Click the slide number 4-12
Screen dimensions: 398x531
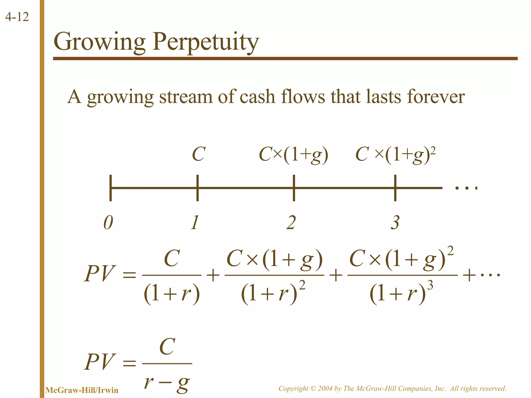click(x=17, y=17)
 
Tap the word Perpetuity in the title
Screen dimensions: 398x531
click(x=206, y=42)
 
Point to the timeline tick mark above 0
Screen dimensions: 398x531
click(x=111, y=188)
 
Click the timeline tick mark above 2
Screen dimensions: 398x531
click(x=294, y=188)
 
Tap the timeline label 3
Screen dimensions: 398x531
click(x=395, y=222)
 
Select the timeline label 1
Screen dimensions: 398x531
click(x=195, y=222)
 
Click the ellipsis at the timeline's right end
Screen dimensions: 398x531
click(x=466, y=188)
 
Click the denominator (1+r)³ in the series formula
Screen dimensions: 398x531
click(x=401, y=293)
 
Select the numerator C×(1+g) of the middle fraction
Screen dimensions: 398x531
click(x=274, y=259)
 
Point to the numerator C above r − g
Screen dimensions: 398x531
click(x=167, y=347)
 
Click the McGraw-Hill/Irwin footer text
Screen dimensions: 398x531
click(x=82, y=390)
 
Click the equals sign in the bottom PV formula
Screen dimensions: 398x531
click(x=129, y=363)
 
